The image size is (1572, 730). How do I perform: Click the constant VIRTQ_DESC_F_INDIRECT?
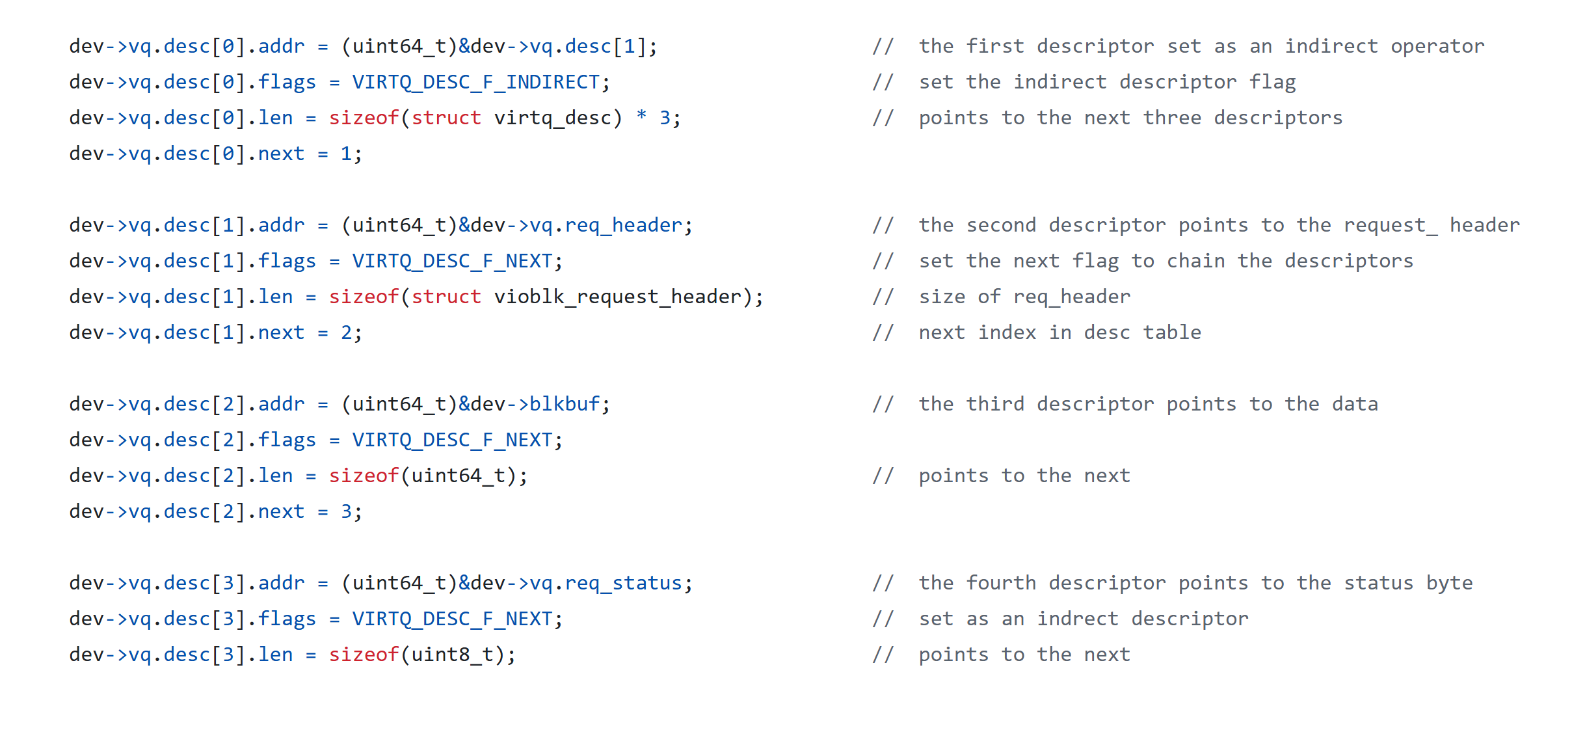pyautogui.click(x=475, y=82)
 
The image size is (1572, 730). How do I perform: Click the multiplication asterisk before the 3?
pyautogui.click(x=641, y=116)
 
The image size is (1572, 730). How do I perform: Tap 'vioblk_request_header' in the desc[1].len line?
pyautogui.click(x=617, y=297)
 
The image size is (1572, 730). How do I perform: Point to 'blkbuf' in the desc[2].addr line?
pyautogui.click(x=565, y=404)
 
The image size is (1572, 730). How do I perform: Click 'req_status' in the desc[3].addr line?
pyautogui.click(x=623, y=583)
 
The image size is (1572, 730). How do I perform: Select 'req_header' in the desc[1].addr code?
pyautogui.click(x=623, y=225)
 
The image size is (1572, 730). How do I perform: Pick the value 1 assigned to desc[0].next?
pyautogui.click(x=346, y=154)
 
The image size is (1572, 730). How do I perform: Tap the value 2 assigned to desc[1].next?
pyautogui.click(x=346, y=332)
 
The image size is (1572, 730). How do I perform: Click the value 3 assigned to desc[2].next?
pyautogui.click(x=346, y=511)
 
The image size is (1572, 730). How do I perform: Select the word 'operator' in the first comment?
pyautogui.click(x=1437, y=46)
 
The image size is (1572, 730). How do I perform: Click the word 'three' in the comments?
pyautogui.click(x=1172, y=118)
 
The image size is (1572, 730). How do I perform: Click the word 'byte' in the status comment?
pyautogui.click(x=1449, y=583)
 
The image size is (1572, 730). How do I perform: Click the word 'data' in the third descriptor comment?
pyautogui.click(x=1355, y=404)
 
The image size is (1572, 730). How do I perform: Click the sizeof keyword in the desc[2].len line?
pyautogui.click(x=364, y=476)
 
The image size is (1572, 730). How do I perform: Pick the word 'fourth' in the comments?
pyautogui.click(x=1001, y=583)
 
